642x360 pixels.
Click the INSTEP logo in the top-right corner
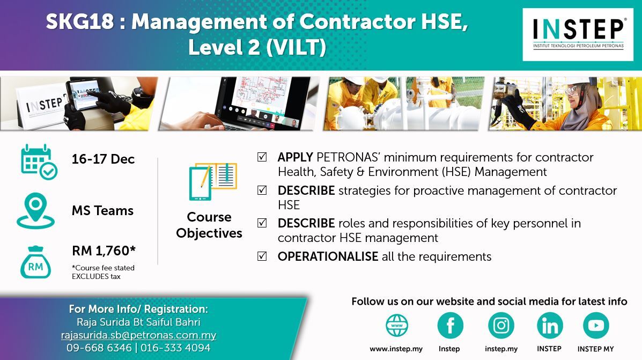click(578, 34)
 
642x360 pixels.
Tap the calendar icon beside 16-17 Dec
click(39, 162)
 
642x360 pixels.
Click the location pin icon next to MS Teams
click(35, 210)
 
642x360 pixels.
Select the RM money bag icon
click(35, 262)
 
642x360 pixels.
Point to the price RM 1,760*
click(104, 250)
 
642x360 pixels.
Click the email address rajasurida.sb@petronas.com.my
click(138, 335)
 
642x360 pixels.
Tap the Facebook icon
click(450, 326)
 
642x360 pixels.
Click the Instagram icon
click(501, 326)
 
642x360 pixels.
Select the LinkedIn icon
click(549, 326)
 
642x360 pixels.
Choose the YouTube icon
click(596, 326)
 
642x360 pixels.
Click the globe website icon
click(397, 326)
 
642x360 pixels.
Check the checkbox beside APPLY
click(262, 157)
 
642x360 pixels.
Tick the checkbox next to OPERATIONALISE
click(262, 256)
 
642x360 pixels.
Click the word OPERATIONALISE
click(328, 256)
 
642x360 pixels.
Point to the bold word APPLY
click(295, 157)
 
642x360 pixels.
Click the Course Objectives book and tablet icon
click(213, 181)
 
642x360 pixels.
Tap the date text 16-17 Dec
click(103, 159)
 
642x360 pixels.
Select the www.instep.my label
click(396, 349)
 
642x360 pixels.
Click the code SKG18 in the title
click(80, 21)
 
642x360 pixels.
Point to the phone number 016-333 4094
click(175, 348)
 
